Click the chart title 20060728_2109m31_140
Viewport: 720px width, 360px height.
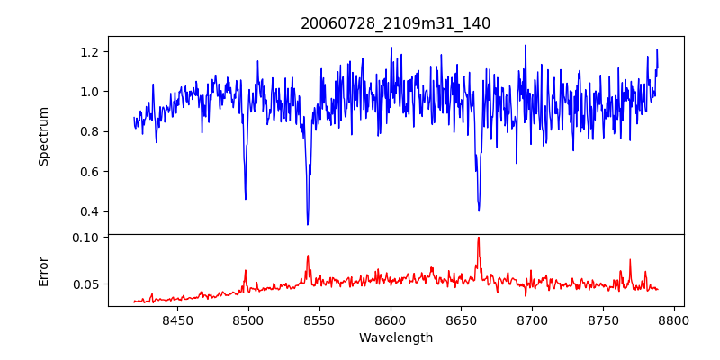395,24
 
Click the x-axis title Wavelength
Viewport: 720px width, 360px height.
395,338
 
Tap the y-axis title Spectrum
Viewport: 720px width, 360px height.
44,136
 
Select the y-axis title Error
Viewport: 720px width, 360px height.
44,271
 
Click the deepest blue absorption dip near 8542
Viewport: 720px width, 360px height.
308,224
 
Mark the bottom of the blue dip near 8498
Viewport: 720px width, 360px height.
246,199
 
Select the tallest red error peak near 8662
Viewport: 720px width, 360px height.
479,238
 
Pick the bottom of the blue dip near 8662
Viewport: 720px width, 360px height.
479,211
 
